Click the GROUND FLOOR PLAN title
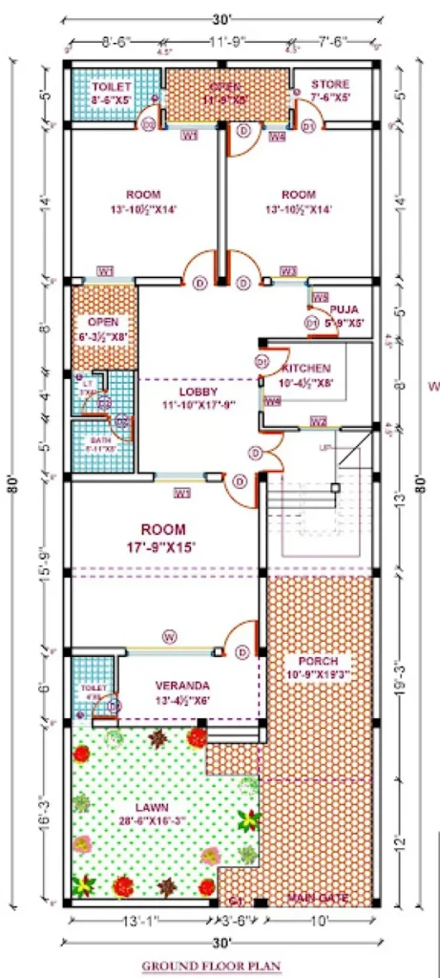[207, 966]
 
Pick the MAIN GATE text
[318, 899]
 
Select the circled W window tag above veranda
[169, 635]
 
